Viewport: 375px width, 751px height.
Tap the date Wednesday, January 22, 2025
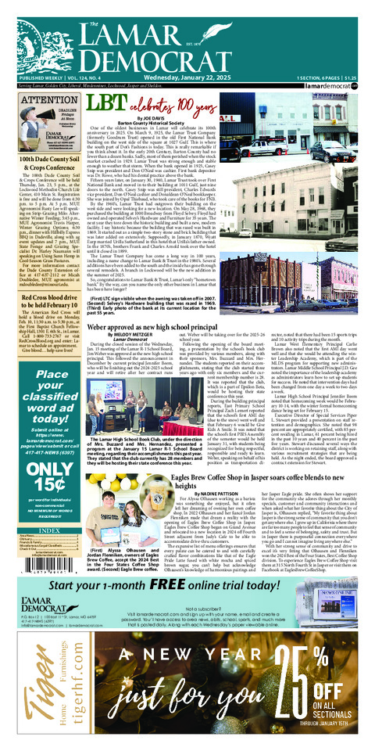point(187,79)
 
